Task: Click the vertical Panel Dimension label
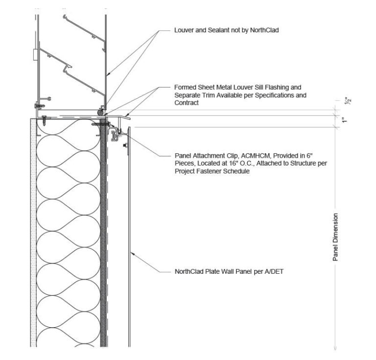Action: (x=336, y=237)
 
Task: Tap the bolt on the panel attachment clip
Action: (x=125, y=145)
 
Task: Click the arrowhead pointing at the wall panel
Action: (x=133, y=254)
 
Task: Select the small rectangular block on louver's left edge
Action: (x=34, y=54)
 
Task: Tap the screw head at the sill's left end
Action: (x=44, y=118)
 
